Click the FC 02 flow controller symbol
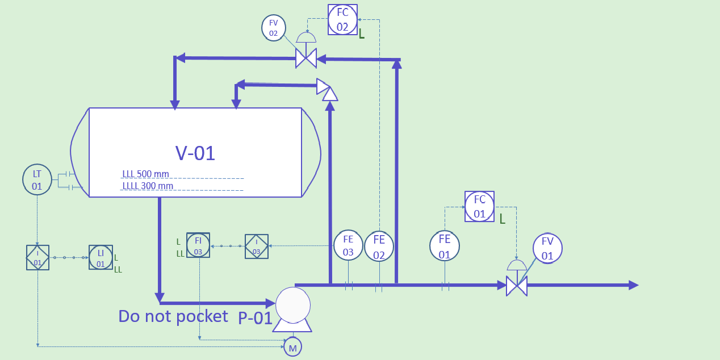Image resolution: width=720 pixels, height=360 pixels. click(342, 19)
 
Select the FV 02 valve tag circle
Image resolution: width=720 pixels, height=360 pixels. click(274, 27)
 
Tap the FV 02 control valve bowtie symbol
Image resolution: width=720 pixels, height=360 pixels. click(306, 58)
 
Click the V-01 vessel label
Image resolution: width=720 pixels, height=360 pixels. click(195, 153)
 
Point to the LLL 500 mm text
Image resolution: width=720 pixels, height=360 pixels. click(145, 174)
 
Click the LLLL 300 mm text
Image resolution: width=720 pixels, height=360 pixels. click(148, 186)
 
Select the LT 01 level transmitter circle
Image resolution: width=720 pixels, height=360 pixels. click(37, 179)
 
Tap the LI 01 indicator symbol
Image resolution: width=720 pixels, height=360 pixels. click(101, 257)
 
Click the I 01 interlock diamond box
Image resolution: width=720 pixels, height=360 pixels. click(37, 257)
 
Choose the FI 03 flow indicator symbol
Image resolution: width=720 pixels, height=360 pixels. click(198, 245)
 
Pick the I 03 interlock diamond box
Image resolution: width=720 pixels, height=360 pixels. click(256, 246)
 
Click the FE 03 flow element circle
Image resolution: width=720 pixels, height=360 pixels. click(348, 245)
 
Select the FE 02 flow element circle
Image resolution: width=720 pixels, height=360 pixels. click(379, 246)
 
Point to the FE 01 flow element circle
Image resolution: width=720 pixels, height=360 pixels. click(444, 246)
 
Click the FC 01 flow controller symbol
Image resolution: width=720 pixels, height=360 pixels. click(479, 206)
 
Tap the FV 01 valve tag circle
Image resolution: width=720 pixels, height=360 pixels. click(547, 248)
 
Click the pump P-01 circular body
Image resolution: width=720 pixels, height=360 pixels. click(293, 304)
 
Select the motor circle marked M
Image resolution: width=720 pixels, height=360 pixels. click(292, 347)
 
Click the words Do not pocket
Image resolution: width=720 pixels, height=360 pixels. click(173, 316)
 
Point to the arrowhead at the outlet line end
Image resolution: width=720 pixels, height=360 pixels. click(633, 285)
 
